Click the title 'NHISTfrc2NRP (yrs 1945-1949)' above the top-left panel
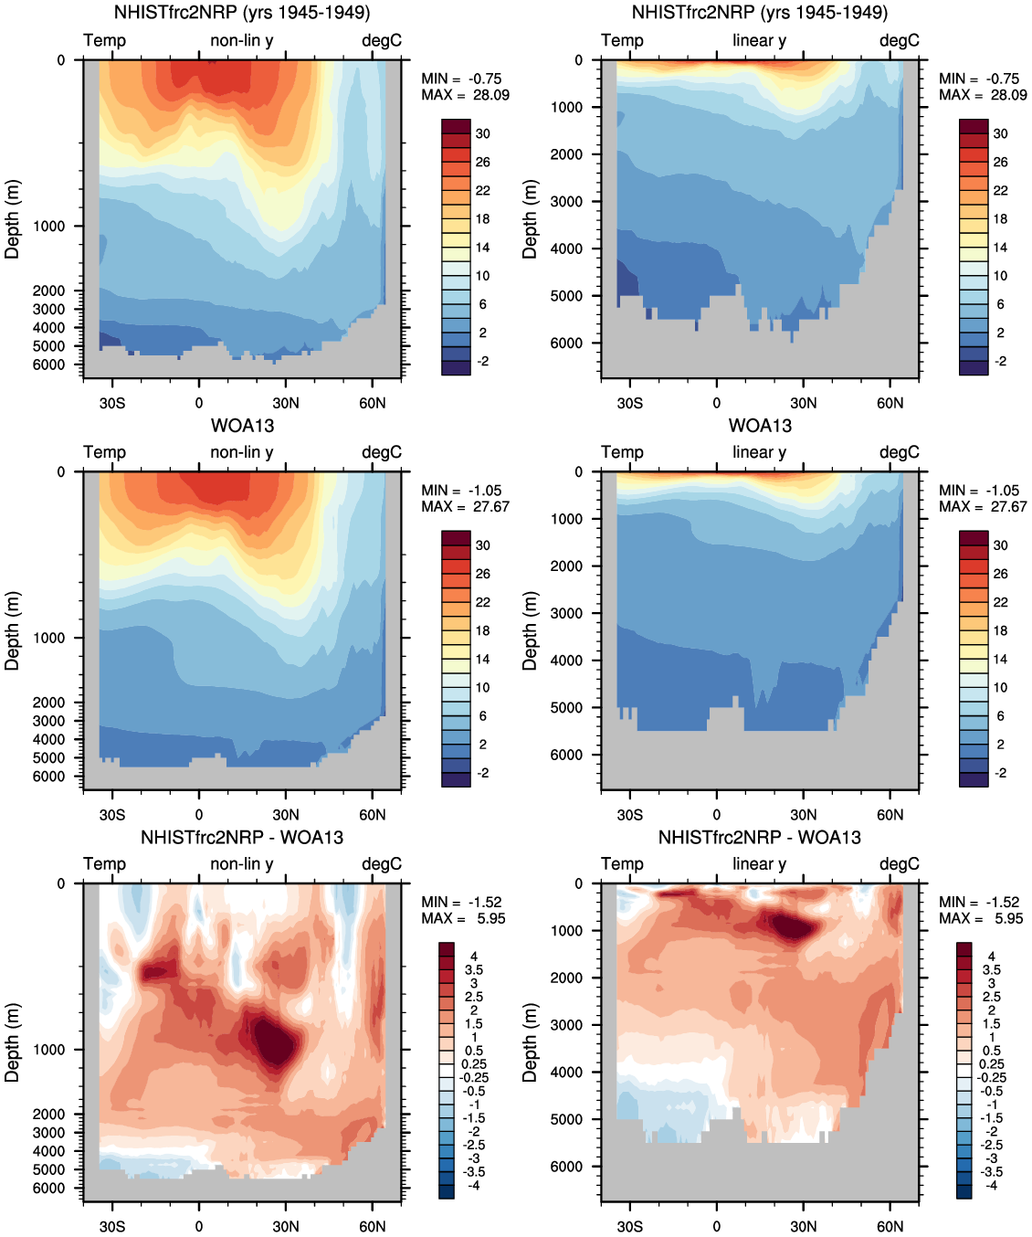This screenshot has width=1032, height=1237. click(x=242, y=13)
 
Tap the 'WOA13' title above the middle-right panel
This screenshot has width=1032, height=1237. click(x=760, y=426)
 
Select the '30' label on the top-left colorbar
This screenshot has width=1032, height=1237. click(x=482, y=133)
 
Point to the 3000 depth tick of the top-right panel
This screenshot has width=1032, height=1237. click(x=566, y=201)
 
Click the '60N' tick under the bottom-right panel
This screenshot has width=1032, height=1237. click(x=890, y=1226)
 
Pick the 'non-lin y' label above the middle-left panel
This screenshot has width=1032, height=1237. click(x=242, y=452)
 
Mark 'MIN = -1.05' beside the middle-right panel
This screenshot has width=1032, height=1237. click(x=979, y=491)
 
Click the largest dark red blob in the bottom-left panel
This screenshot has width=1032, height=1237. click(x=274, y=1041)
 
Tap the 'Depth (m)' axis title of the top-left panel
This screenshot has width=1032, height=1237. click(x=12, y=219)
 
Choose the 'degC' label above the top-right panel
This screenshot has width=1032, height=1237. click(x=900, y=40)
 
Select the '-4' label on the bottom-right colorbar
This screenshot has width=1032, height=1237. click(x=991, y=1185)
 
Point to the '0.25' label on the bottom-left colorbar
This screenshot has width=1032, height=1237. click(x=474, y=1064)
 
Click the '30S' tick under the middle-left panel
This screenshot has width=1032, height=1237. click(x=112, y=815)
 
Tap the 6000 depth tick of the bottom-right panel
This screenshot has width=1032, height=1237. click(x=566, y=1167)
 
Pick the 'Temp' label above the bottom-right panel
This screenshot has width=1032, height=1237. click(x=622, y=863)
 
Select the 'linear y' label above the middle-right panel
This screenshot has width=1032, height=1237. click(x=759, y=452)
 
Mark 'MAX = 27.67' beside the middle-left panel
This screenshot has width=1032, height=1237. click(x=465, y=507)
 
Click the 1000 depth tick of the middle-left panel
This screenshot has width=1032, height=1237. click(x=49, y=638)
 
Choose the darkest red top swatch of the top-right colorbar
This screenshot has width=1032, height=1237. click(x=974, y=126)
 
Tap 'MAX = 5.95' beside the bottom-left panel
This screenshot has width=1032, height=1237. click(x=463, y=918)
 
